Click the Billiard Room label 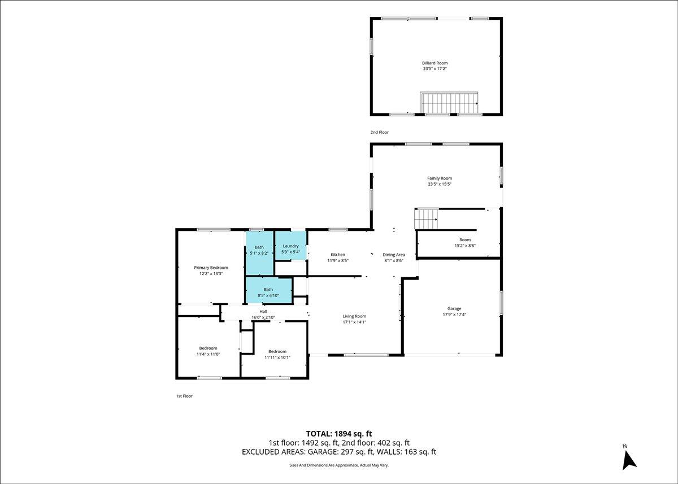point(434,63)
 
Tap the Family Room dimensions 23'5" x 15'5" point(440,184)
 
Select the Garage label point(454,308)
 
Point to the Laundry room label point(290,246)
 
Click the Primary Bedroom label point(211,267)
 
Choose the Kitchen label point(338,254)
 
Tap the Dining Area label point(393,255)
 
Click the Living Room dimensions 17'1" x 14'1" point(354,322)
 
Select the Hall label point(263,311)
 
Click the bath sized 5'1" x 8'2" point(259,253)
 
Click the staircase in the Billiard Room point(449,103)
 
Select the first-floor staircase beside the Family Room point(426,219)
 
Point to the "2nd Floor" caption point(380,132)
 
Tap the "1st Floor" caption point(184,396)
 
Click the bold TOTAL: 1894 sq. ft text point(339,434)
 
